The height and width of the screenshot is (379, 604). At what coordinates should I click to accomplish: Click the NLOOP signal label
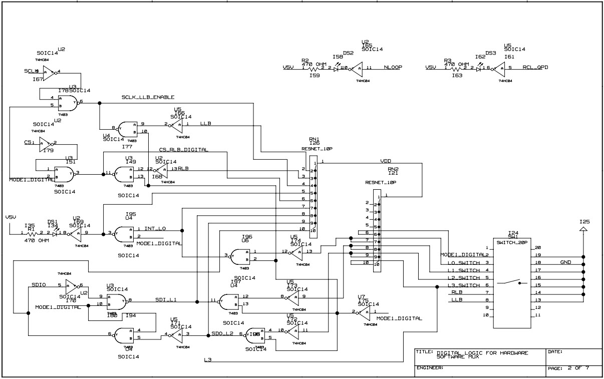click(394, 67)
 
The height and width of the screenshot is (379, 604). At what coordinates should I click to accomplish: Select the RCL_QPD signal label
click(535, 67)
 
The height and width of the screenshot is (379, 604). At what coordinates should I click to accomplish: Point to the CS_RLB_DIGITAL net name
click(184, 150)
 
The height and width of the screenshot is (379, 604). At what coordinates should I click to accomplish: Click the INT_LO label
click(155, 229)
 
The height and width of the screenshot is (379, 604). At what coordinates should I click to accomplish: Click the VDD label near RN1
click(386, 162)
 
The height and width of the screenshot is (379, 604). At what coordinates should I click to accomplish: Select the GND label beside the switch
click(565, 262)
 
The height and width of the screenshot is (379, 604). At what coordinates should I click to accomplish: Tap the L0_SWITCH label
click(462, 263)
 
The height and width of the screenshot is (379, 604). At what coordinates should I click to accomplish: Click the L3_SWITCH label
click(462, 285)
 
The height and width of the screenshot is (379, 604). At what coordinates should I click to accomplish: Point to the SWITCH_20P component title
click(512, 242)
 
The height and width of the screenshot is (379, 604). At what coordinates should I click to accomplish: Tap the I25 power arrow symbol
click(583, 229)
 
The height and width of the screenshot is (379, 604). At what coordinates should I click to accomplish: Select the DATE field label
click(555, 352)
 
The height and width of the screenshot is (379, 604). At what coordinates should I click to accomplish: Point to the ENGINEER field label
click(430, 368)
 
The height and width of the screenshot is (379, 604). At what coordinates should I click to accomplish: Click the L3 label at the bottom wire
click(208, 360)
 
